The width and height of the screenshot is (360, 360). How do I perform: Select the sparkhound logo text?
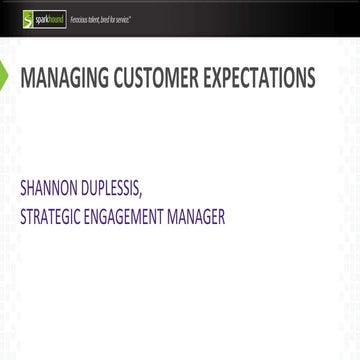(x=48, y=19)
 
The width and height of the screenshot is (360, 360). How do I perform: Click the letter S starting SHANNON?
(x=23, y=186)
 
